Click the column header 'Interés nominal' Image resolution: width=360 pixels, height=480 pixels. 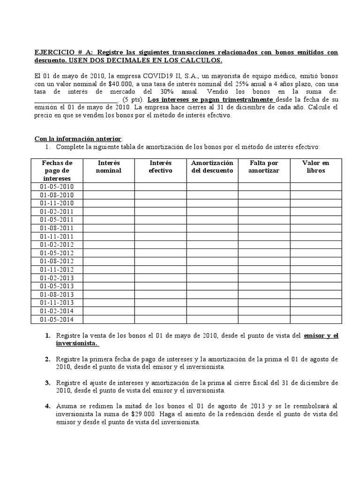tap(108, 166)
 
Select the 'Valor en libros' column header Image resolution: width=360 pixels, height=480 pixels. tap(315, 166)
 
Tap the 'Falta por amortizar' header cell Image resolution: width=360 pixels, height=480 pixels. tap(264, 166)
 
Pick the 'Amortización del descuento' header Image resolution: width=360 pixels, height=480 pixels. tap(212, 166)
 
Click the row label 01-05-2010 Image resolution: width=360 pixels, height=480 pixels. tap(57, 187)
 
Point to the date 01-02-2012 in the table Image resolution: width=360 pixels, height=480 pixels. tap(57, 244)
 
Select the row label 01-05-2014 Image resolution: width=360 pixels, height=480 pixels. tap(57, 319)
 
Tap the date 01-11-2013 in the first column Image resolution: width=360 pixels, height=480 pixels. tap(57, 302)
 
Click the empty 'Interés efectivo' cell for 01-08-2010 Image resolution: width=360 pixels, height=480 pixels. tap(160, 195)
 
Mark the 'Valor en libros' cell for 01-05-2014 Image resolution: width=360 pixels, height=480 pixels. tap(315, 319)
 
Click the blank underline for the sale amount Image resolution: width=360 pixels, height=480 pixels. tap(76, 100)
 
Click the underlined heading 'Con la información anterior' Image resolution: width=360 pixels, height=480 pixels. tap(78, 139)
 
